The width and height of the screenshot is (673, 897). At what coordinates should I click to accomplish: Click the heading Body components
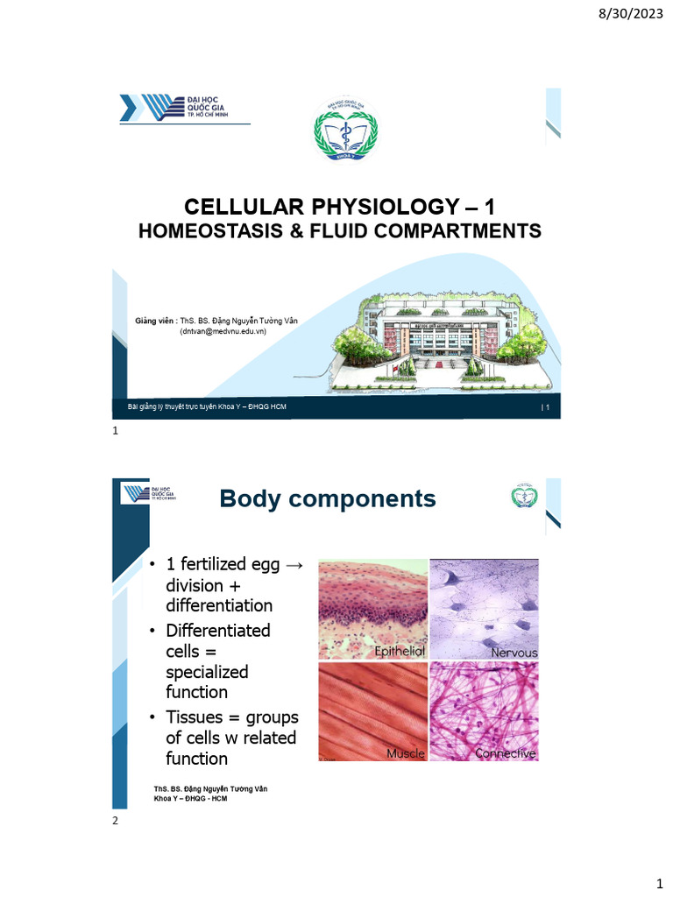tap(327, 498)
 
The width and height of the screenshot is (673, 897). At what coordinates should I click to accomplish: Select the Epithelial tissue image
tap(372, 609)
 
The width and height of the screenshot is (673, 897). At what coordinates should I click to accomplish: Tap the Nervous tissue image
tap(484, 609)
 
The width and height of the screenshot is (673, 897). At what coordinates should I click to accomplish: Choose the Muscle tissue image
tap(372, 711)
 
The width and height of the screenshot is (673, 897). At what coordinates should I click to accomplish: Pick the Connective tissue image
tap(484, 711)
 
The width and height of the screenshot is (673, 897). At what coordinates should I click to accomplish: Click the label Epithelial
tap(400, 652)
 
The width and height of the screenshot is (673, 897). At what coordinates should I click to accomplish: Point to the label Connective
tap(505, 753)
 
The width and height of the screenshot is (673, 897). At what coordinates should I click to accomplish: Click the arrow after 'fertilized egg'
tap(294, 565)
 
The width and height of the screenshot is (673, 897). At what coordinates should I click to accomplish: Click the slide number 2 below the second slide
tap(115, 822)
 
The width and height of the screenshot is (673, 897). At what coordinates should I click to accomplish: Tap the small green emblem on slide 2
tap(527, 497)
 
